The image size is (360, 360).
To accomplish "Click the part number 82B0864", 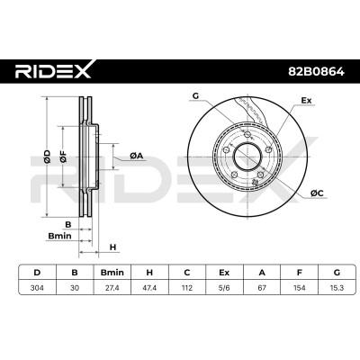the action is (316, 72).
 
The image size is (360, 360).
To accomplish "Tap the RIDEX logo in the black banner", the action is (53, 69).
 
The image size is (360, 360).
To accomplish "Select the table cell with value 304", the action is (37, 288).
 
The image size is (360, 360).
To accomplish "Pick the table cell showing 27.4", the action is (112, 288).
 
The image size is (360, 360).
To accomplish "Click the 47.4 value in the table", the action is (149, 288).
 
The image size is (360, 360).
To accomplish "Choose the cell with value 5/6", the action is (224, 288).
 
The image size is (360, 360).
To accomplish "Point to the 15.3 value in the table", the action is (337, 288).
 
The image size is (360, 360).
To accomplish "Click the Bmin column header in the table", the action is (112, 273).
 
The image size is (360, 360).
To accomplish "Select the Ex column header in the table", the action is (224, 273).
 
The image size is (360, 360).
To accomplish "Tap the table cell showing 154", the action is (300, 288).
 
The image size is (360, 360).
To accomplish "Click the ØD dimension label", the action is (47, 157).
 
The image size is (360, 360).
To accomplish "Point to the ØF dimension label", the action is (63, 157).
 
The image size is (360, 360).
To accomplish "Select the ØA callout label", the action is (137, 156).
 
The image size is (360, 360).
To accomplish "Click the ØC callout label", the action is (317, 193).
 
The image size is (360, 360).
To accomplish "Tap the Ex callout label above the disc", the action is (306, 101).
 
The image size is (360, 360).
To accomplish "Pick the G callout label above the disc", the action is (195, 96).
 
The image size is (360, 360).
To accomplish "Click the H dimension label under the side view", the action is (112, 247).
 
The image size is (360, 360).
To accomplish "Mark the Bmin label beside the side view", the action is (60, 236).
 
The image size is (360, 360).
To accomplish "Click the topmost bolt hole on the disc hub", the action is (247, 134).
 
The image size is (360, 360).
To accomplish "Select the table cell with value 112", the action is (187, 288).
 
